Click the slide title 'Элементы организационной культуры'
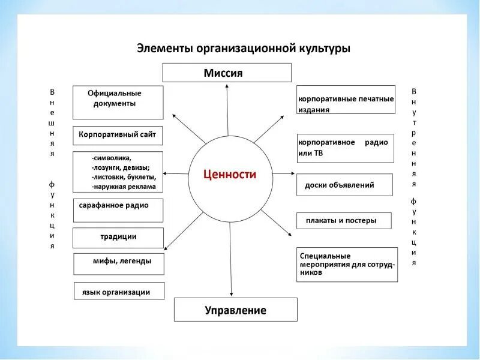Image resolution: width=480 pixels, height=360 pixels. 243,48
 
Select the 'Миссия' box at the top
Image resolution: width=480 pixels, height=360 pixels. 227,73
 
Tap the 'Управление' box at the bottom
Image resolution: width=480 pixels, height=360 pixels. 235,310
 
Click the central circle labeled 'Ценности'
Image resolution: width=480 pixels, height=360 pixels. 230,175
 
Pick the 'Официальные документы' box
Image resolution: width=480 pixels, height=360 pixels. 118,102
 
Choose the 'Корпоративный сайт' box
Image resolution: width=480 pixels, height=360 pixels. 118,135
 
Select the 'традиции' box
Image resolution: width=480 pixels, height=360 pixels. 118,238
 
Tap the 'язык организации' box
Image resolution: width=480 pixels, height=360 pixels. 119,292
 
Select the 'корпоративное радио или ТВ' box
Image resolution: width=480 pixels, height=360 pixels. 345,148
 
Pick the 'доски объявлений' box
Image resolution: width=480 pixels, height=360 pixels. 344,185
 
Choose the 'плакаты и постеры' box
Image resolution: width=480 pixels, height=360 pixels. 344,220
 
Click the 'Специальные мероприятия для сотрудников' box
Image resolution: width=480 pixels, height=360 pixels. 347,265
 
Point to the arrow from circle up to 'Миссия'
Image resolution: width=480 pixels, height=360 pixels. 228,114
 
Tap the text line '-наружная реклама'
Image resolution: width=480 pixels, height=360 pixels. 124,187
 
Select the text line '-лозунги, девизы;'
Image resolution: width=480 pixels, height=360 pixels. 121,167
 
